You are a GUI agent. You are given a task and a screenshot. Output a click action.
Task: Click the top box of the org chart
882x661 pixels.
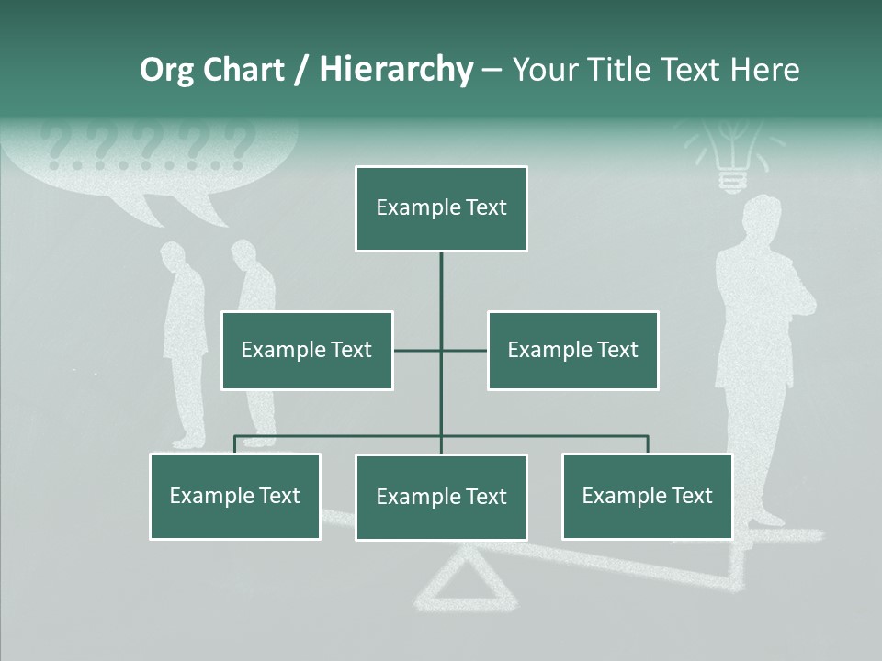441,208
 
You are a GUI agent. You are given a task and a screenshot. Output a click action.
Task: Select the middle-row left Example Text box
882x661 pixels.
307,350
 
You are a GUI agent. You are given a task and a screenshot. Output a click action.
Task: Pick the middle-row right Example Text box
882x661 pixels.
572,350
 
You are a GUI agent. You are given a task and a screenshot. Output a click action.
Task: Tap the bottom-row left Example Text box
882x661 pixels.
235,496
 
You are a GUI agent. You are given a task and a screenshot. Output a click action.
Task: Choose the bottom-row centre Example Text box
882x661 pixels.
441,497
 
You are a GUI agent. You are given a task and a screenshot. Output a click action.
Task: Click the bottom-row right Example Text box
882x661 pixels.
647,496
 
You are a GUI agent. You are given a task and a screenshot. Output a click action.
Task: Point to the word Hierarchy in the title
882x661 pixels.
396,70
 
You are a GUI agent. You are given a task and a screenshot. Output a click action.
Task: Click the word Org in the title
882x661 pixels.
166,70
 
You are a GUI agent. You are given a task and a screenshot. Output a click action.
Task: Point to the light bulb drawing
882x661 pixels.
731,156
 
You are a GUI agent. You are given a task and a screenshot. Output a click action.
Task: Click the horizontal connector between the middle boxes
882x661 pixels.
440,350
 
